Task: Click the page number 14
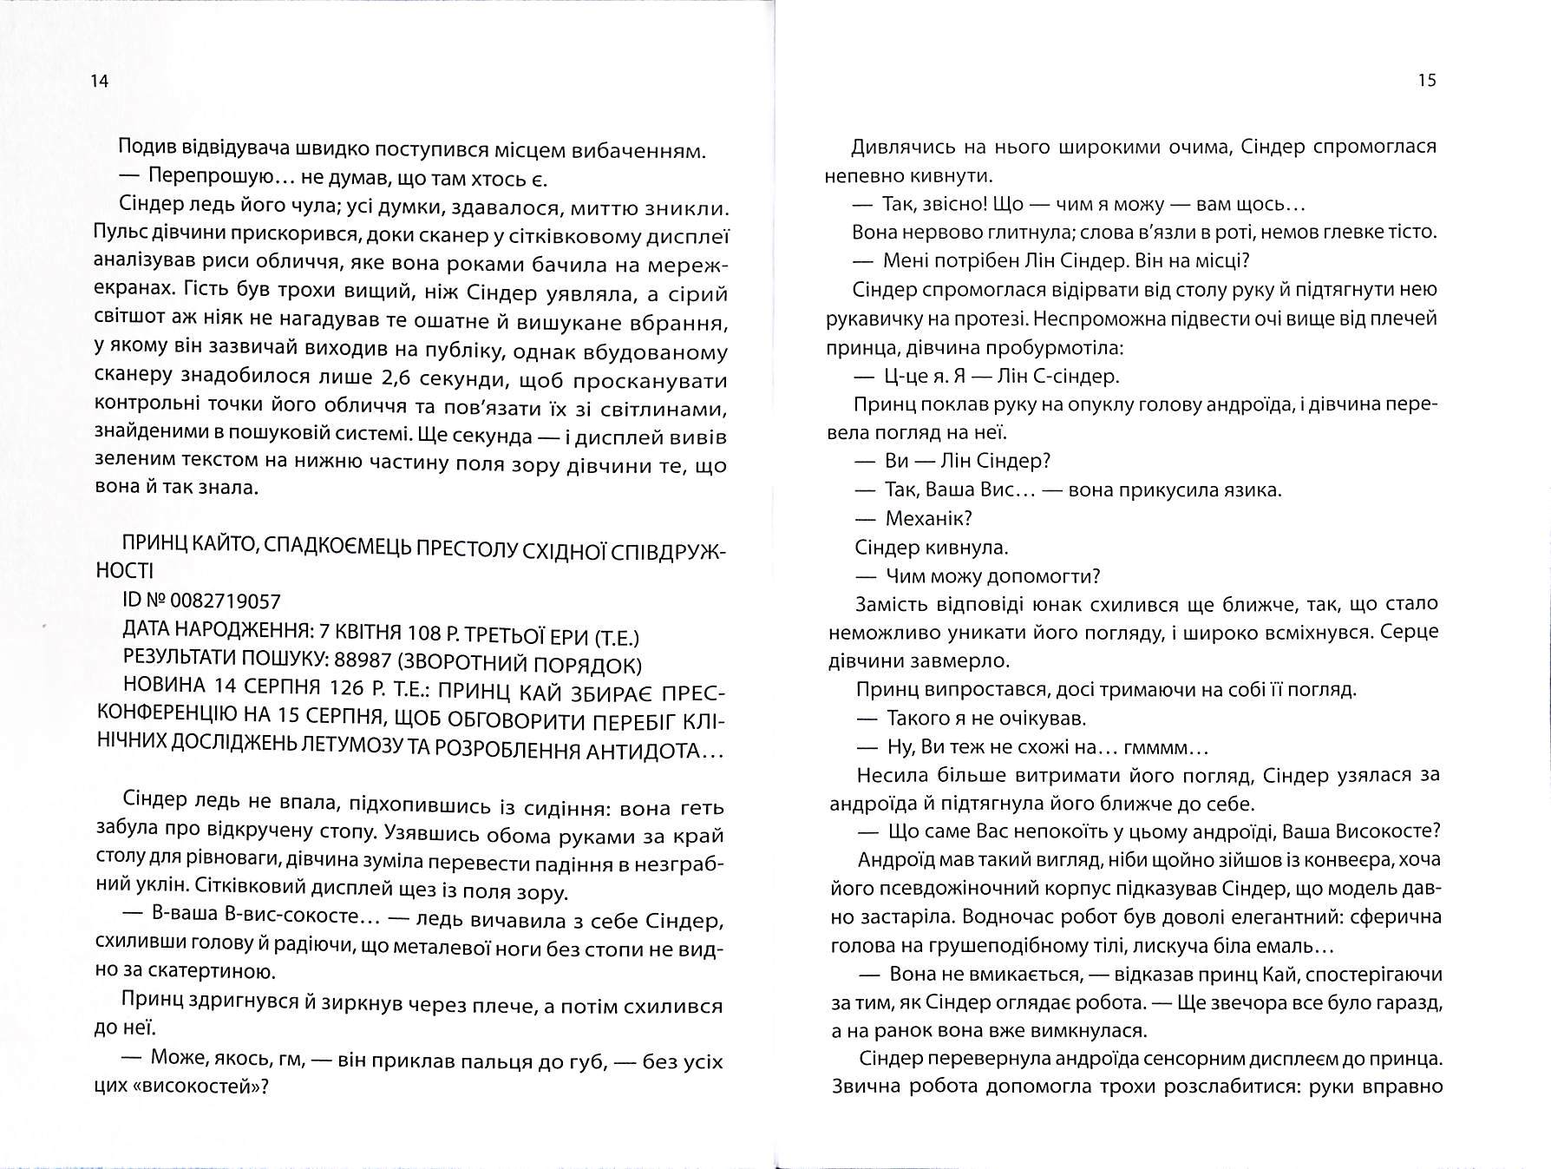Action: pos(99,82)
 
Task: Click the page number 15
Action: pos(1427,81)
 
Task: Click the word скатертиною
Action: pos(203,973)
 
